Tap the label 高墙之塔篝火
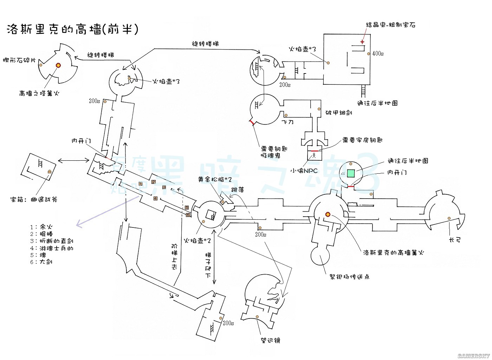[x=39, y=94]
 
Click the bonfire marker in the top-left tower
[x=58, y=65]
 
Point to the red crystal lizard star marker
[x=362, y=42]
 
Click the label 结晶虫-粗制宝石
[x=390, y=25]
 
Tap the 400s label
[x=378, y=53]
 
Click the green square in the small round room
[x=351, y=173]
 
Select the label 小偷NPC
[x=304, y=171]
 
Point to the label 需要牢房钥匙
[x=362, y=140]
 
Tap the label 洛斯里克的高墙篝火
[x=394, y=252]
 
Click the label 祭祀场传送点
[x=349, y=277]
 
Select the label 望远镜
[x=271, y=340]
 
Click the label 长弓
[x=455, y=240]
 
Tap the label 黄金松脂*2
[x=215, y=180]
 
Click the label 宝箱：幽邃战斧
[x=34, y=200]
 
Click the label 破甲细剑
[x=338, y=112]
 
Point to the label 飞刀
[x=287, y=122]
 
